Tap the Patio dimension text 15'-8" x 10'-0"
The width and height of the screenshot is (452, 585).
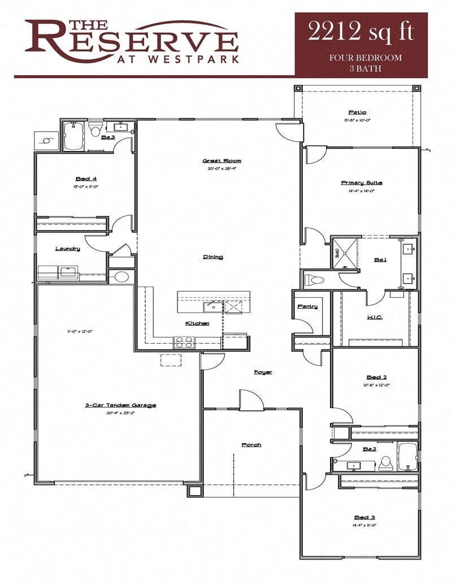tap(357, 120)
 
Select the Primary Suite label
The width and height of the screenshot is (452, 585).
tap(361, 183)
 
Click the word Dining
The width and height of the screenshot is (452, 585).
tap(213, 257)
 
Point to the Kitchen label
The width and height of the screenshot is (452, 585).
tap(197, 323)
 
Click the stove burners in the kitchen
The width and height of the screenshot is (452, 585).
tap(183, 342)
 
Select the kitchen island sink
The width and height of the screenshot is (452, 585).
tap(212, 306)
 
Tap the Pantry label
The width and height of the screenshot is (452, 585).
tap(307, 307)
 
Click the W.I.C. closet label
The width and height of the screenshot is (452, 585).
tap(374, 318)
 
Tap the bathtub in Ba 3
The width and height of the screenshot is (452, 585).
tap(73, 136)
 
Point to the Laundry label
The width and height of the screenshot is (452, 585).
tap(67, 249)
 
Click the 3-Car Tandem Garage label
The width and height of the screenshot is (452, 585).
tap(120, 405)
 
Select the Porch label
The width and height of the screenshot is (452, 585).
tap(251, 445)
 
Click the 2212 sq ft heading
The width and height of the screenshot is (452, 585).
tap(361, 32)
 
